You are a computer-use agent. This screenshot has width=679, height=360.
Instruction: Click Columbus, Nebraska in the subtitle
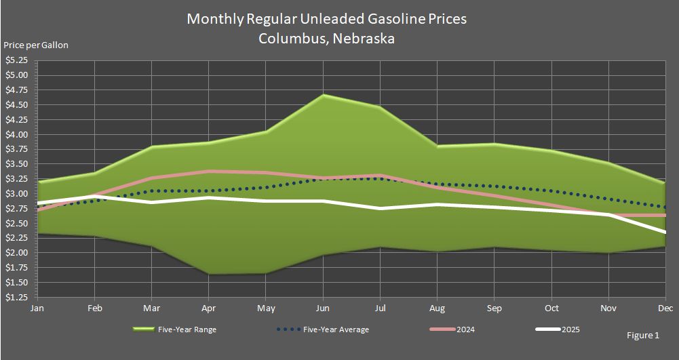coord(326,39)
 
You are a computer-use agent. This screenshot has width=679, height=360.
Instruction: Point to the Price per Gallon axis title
coord(36,45)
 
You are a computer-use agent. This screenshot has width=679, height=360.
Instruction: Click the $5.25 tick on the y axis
coord(16,60)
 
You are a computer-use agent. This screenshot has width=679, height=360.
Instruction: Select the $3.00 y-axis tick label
coord(16,194)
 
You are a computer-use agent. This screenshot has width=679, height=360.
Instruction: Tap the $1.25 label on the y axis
coord(16,298)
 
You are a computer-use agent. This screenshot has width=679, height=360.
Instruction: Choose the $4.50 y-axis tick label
coord(16,104)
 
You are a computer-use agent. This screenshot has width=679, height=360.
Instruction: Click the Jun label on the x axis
coord(323,308)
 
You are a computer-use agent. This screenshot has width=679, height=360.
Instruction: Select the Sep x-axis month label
coord(494,308)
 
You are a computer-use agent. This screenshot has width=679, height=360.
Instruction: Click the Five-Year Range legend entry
coord(174,330)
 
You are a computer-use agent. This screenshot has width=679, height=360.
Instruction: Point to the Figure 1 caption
coord(643,335)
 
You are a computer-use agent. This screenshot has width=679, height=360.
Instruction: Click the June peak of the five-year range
coord(323,95)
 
